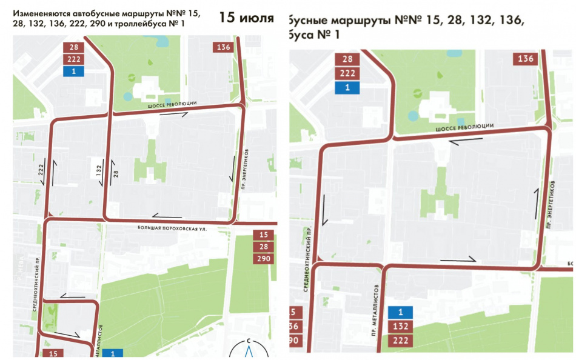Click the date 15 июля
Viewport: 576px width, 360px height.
tap(247, 17)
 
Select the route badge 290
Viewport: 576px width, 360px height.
tap(263, 259)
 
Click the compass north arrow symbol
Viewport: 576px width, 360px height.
tap(249, 349)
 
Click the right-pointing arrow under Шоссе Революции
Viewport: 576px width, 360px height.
tap(191, 113)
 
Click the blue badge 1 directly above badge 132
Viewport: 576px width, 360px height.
tap(400, 313)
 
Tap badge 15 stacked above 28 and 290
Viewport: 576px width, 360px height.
tap(263, 235)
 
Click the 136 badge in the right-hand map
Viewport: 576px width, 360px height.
tap(525, 59)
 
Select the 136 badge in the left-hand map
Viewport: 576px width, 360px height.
tap(223, 47)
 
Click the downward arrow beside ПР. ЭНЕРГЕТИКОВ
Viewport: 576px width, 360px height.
tap(232, 170)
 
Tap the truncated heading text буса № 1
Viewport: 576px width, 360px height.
tap(315, 35)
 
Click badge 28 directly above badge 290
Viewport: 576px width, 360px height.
tap(263, 247)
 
